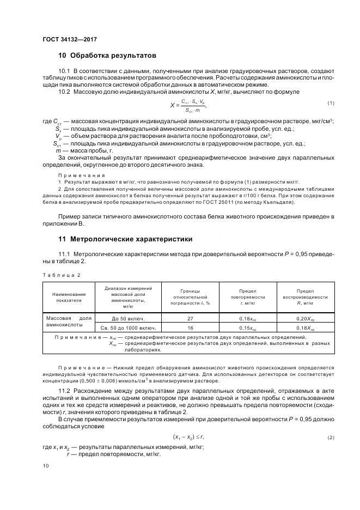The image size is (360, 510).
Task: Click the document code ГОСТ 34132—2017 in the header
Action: point(69,39)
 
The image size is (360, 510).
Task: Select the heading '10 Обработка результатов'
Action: point(107,56)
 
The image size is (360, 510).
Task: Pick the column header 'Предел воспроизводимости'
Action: point(304,297)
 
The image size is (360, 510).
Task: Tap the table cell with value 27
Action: point(191,318)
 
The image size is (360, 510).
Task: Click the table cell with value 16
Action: point(191,328)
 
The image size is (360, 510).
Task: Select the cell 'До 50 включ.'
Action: point(127,318)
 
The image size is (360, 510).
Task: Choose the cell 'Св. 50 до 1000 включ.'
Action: point(128,328)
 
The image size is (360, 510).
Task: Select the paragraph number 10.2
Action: point(64,92)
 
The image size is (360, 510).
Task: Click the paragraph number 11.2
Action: point(64,392)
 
